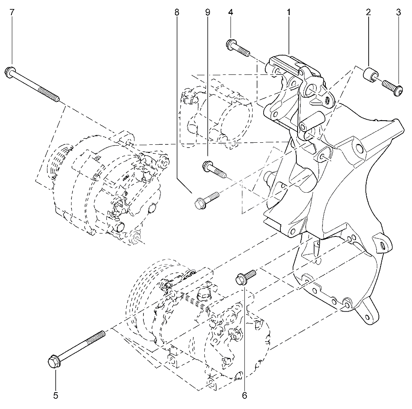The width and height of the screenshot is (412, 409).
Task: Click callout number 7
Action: [x=12, y=12]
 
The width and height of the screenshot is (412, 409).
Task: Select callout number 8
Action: [x=177, y=12]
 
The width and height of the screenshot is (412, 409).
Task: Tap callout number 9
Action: [x=208, y=12]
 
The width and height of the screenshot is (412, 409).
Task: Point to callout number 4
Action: [x=231, y=12]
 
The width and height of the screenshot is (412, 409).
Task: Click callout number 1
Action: [x=289, y=12]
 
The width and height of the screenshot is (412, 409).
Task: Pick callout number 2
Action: [x=368, y=12]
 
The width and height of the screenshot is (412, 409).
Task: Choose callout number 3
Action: [x=399, y=12]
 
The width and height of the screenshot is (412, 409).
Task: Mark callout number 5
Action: [x=56, y=396]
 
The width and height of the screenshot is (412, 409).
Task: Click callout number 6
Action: [x=244, y=396]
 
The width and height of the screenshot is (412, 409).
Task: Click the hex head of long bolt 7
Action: [x=10, y=72]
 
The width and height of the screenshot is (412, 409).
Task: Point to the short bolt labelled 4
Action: [x=237, y=47]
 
